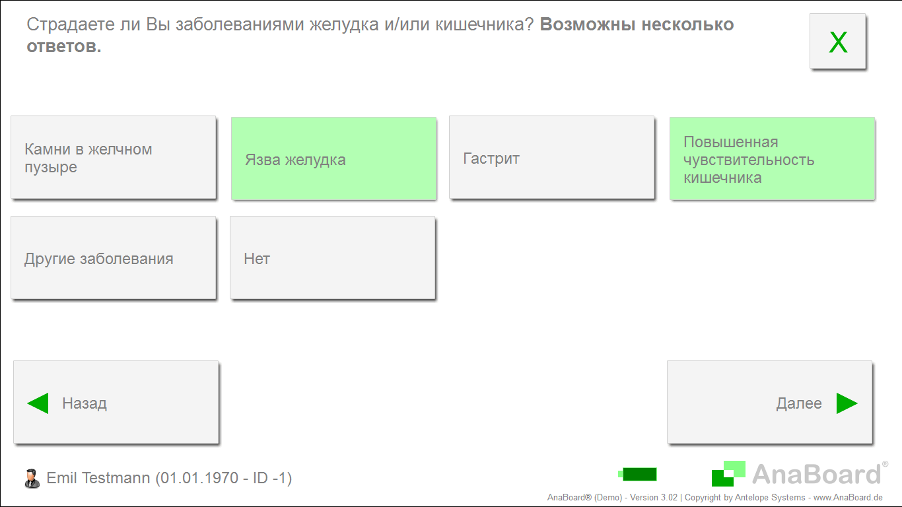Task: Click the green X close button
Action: pyautogui.click(x=837, y=41)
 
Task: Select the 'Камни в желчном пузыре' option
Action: pyautogui.click(x=114, y=158)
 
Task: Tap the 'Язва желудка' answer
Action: pyautogui.click(x=334, y=158)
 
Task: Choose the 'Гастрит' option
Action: pyautogui.click(x=551, y=158)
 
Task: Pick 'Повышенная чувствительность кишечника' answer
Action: pyautogui.click(x=772, y=158)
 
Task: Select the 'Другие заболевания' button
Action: pyautogui.click(x=114, y=257)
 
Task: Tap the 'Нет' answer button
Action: pyautogui.click(x=333, y=257)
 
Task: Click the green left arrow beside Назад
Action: pyautogui.click(x=38, y=403)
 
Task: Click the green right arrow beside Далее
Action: pyautogui.click(x=847, y=403)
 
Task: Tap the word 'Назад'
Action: pyautogui.click(x=85, y=403)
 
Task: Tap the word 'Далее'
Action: pyautogui.click(x=799, y=403)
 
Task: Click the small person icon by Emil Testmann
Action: pyautogui.click(x=32, y=479)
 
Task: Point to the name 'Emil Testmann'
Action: pyautogui.click(x=98, y=478)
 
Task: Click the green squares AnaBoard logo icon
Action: pyautogui.click(x=728, y=473)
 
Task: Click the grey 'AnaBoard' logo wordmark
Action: pyautogui.click(x=817, y=474)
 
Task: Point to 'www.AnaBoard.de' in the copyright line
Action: pyautogui.click(x=848, y=498)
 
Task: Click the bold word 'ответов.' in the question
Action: pyautogui.click(x=64, y=46)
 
